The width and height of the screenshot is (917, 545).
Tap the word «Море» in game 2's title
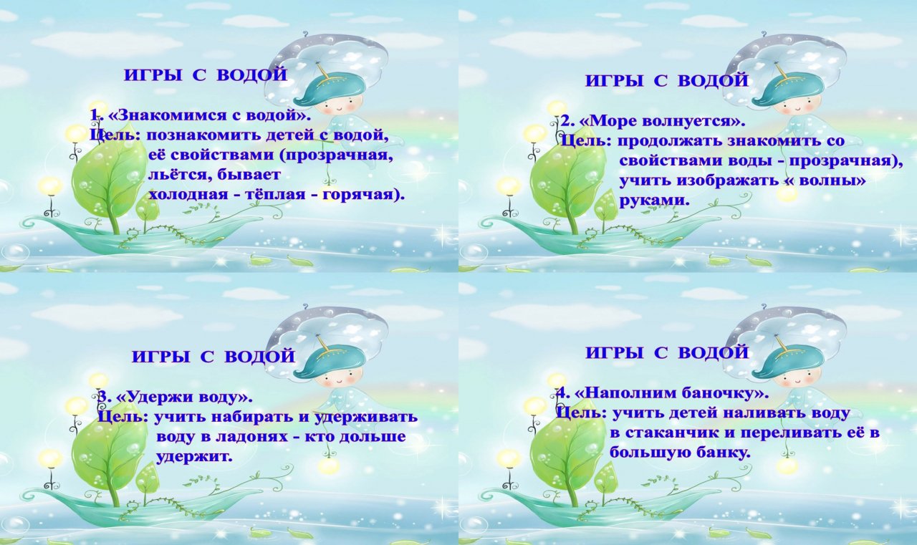click(612, 122)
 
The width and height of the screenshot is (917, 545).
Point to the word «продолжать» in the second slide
click(669, 142)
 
